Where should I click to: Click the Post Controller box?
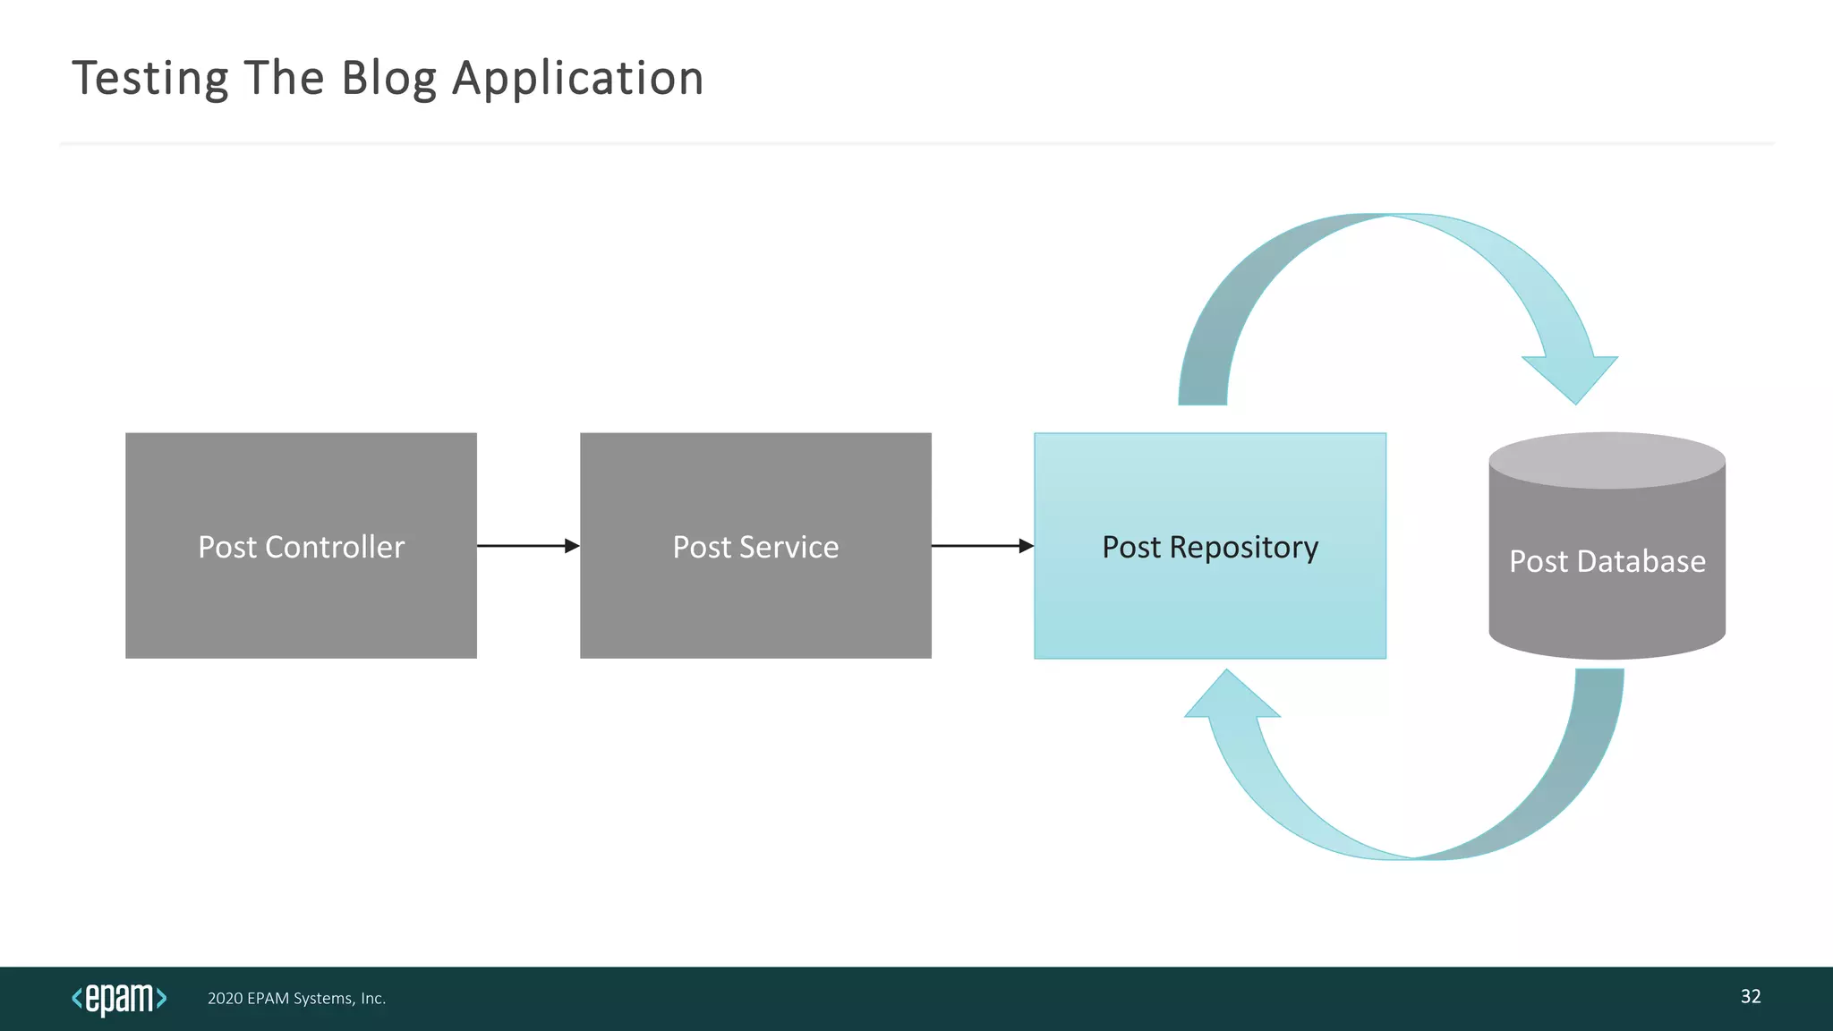point(301,591)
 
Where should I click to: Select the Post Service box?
point(755,591)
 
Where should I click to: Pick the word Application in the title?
point(578,79)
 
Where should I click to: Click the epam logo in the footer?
point(119,999)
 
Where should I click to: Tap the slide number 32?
point(1751,997)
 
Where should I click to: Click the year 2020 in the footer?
point(225,999)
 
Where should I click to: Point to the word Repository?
point(1243,548)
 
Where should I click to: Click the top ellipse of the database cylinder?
point(1607,461)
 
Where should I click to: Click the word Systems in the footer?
point(324,999)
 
